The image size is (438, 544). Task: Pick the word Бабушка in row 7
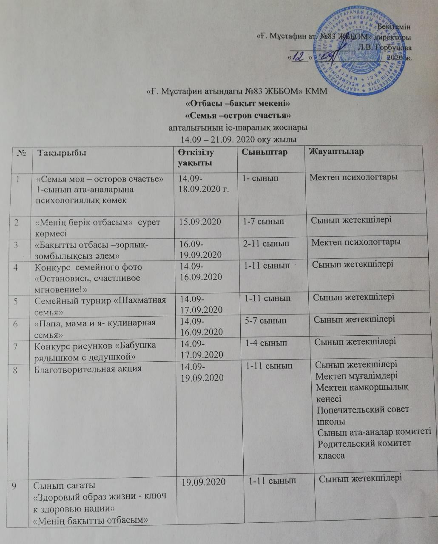(137, 346)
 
